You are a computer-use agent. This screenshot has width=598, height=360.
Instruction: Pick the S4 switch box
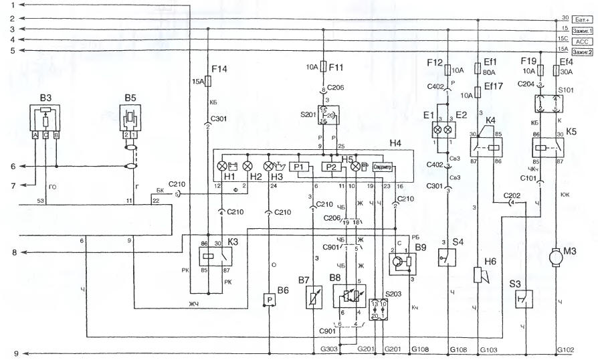pyautogui.click(x=446, y=258)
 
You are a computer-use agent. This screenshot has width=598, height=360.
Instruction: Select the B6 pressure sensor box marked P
pyautogui.click(x=270, y=300)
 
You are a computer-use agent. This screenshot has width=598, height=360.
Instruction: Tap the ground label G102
pyautogui.click(x=565, y=349)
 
